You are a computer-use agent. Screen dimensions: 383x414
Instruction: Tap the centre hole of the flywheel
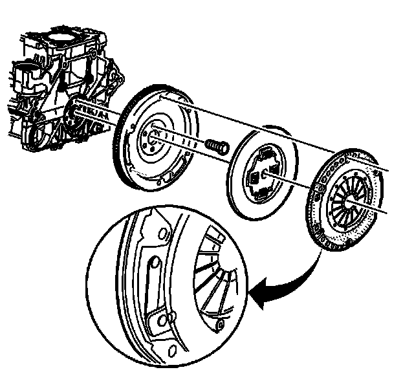156,135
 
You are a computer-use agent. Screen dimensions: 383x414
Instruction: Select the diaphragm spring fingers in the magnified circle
213,272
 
